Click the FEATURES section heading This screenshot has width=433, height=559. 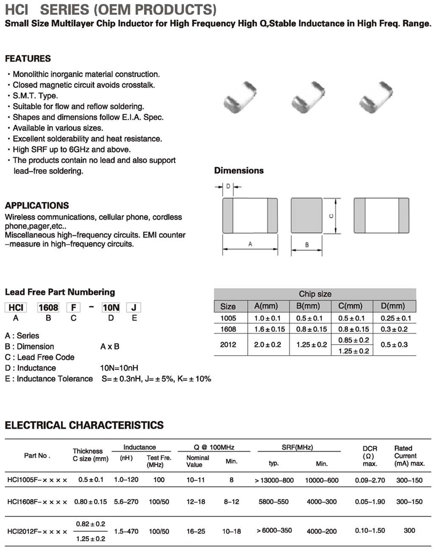[27, 59]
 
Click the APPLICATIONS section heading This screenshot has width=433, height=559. [36, 205]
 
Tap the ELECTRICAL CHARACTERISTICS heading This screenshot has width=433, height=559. [84, 425]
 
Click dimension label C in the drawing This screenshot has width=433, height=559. [331, 215]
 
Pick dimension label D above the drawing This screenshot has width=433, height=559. [228, 186]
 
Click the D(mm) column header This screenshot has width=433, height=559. [392, 306]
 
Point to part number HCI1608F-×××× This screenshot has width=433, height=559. [37, 502]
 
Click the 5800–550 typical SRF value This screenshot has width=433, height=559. [273, 502]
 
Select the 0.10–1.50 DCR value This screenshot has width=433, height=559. [370, 531]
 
